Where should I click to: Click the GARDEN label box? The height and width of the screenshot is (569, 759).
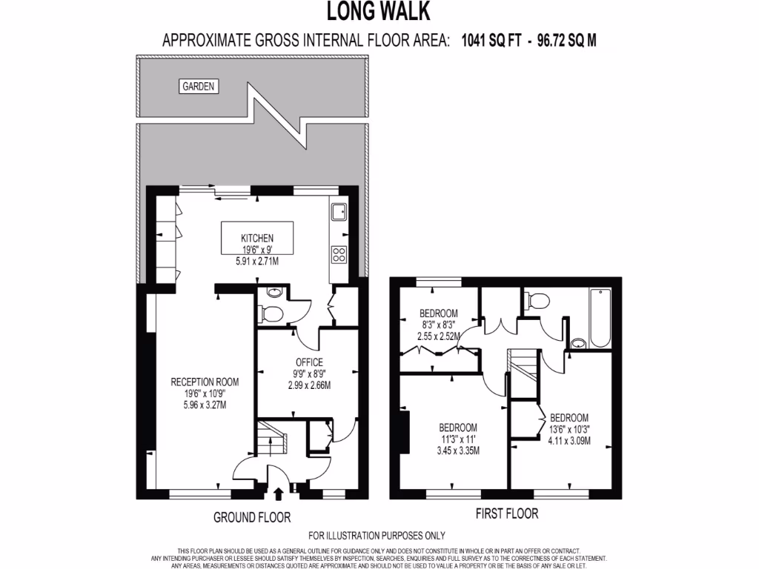(198, 87)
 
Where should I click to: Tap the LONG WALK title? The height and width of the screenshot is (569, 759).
(379, 13)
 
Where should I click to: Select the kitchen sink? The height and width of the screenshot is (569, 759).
(339, 213)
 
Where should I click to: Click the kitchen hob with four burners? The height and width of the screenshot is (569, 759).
(339, 254)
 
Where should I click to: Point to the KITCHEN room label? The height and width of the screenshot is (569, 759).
(257, 238)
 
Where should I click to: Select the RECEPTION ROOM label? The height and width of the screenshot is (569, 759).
(205, 382)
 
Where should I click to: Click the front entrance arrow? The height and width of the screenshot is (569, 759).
(279, 491)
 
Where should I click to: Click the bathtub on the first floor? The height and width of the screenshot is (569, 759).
(599, 318)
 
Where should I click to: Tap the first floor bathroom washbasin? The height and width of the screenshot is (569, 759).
(579, 343)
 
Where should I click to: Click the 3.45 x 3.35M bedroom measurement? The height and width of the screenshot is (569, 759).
(457, 450)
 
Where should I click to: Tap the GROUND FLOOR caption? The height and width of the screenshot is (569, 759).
(252, 517)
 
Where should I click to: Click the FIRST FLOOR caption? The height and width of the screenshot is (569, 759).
(506, 513)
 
